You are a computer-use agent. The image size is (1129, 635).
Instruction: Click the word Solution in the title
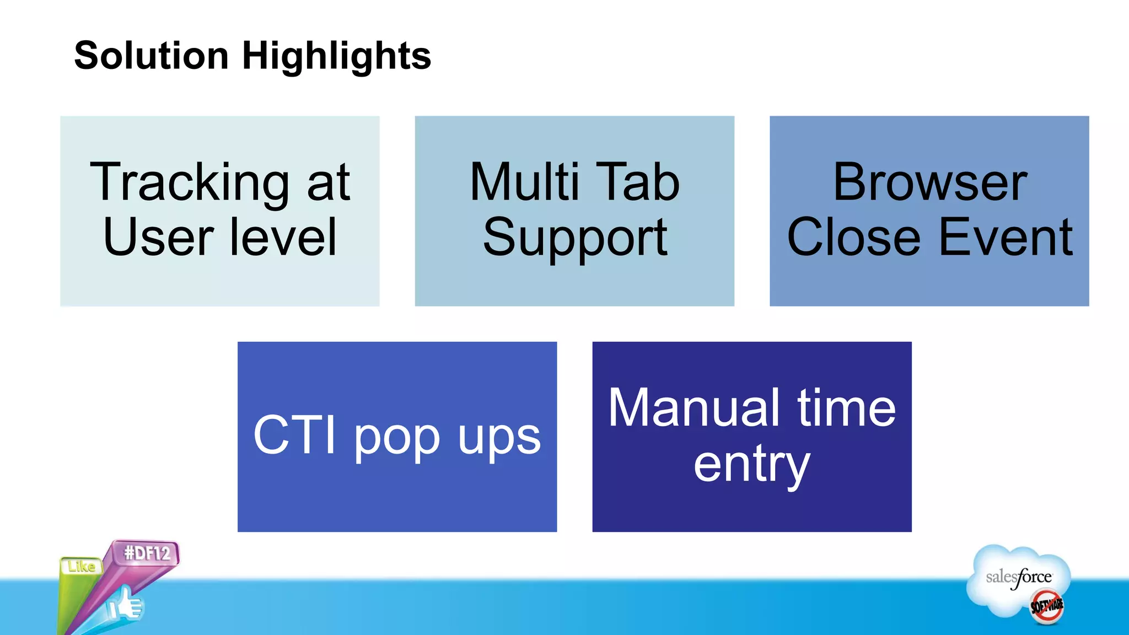152,56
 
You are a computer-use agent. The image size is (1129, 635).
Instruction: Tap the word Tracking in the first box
189,183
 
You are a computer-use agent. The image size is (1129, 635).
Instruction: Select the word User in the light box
158,237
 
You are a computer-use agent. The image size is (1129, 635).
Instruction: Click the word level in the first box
283,237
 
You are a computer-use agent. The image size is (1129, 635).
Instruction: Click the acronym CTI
295,435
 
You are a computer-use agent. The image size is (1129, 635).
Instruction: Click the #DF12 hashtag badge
147,553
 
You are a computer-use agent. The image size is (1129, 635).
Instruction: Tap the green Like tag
81,567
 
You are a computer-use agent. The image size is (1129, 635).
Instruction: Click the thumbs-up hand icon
125,605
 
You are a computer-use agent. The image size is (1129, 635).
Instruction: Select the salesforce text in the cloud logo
1019,577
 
